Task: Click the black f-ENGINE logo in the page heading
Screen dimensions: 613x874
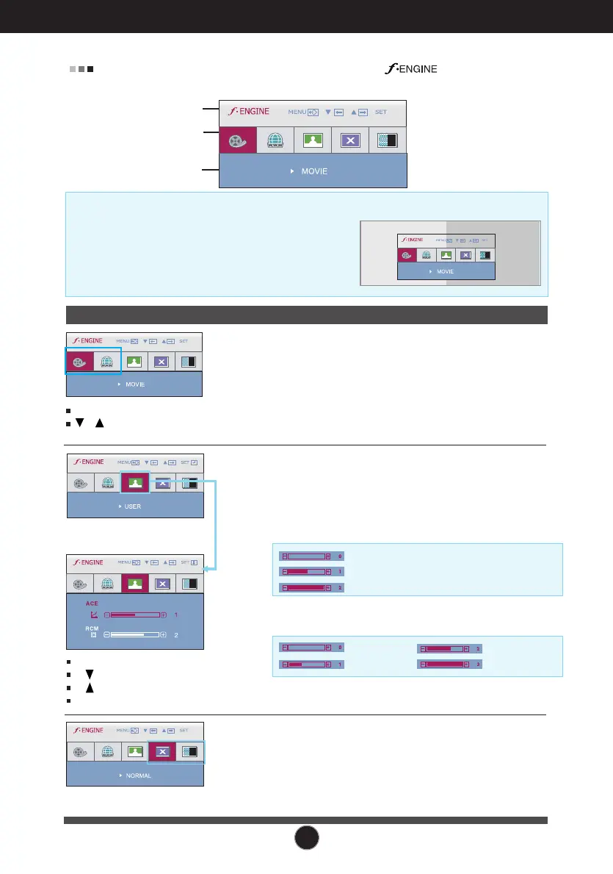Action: [409, 69]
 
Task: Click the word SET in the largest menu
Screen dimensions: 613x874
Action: [380, 112]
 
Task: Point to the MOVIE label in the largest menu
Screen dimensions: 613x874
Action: [313, 171]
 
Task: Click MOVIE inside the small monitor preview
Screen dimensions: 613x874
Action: [445, 271]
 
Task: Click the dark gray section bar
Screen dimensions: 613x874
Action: [307, 315]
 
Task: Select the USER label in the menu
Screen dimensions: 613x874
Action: [132, 506]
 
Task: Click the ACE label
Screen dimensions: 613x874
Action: [92, 603]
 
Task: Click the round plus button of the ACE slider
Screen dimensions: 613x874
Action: [164, 614]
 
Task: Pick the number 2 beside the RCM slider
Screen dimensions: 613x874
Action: [176, 634]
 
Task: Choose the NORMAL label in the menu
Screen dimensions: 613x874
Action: [138, 776]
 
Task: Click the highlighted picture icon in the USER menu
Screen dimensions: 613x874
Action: [134, 483]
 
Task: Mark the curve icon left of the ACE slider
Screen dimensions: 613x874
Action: [94, 614]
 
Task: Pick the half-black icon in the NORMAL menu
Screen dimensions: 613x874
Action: [189, 751]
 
